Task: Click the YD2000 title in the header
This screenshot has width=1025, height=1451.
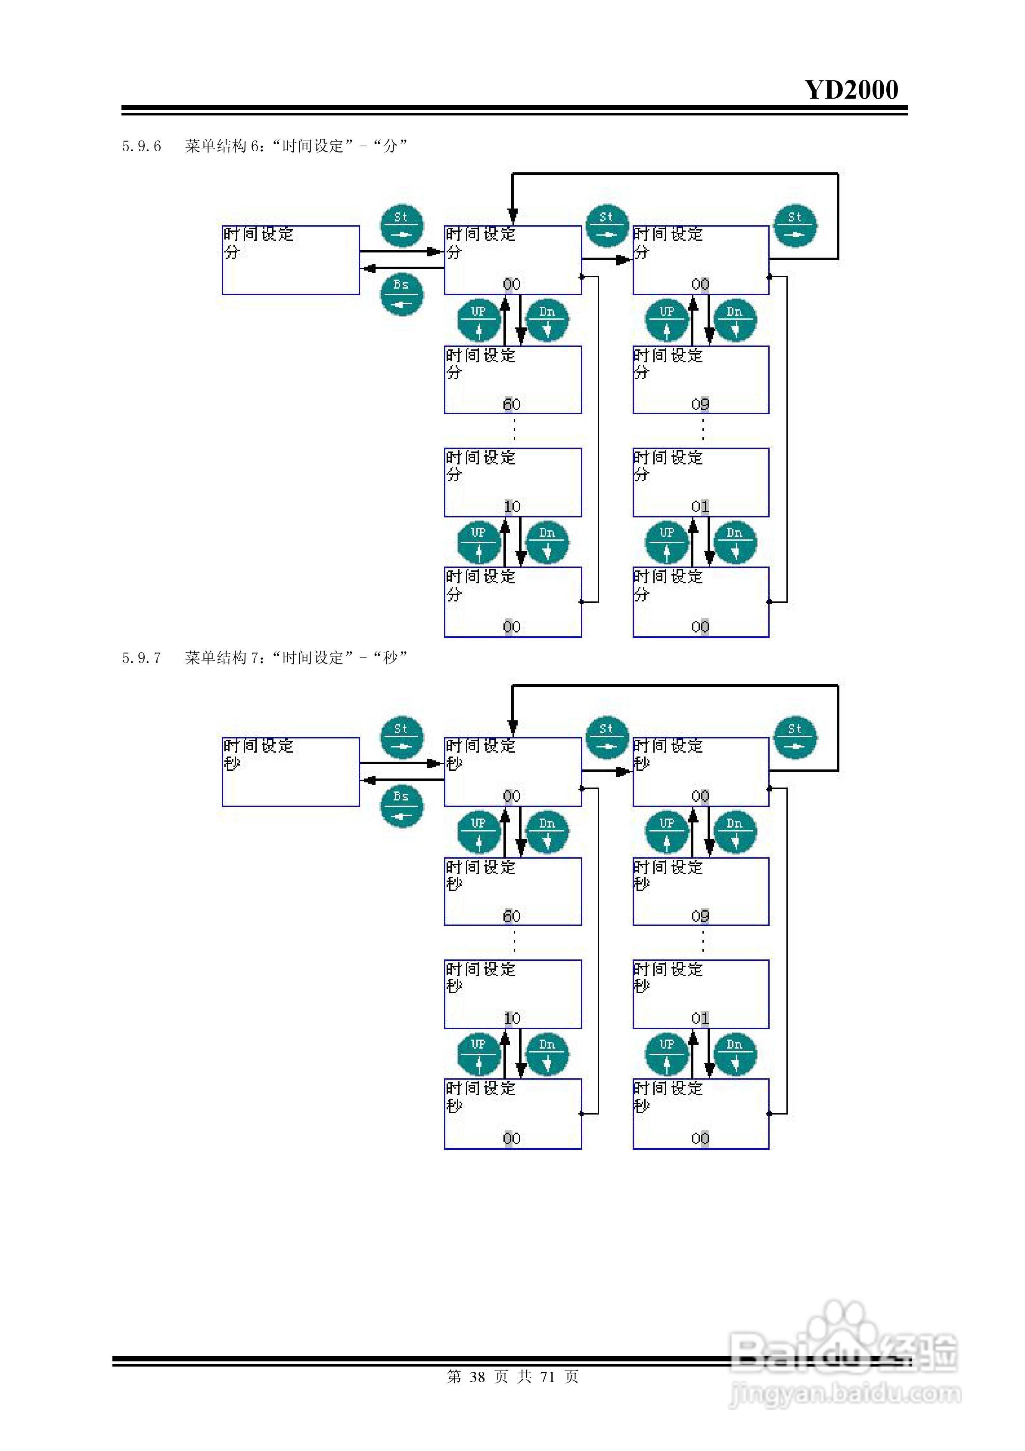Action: (851, 90)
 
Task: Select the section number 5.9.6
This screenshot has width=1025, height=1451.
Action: (142, 146)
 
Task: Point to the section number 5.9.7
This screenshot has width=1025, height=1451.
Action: (142, 658)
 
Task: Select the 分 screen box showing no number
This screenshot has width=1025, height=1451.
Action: (291, 260)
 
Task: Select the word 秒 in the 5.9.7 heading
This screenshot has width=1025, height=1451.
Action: (391, 658)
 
